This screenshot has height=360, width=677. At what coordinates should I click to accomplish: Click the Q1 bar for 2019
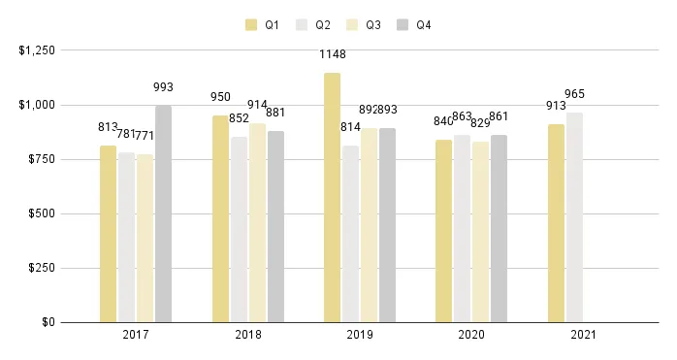[x=332, y=197]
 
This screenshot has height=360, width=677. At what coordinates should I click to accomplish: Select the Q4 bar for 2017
[x=163, y=213]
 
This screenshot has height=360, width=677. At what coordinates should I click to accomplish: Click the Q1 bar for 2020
[x=443, y=231]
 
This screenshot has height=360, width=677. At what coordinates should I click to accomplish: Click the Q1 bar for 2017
[x=108, y=233]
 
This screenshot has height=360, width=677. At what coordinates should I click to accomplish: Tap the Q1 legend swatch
[x=252, y=25]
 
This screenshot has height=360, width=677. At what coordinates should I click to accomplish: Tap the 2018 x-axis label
[x=248, y=336]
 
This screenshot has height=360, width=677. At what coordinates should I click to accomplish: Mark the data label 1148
[x=333, y=54]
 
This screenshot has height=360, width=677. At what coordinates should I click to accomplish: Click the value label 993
[x=163, y=87]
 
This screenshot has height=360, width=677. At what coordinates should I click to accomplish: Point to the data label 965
[x=574, y=94]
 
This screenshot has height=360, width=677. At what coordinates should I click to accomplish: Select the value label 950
[x=220, y=97]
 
